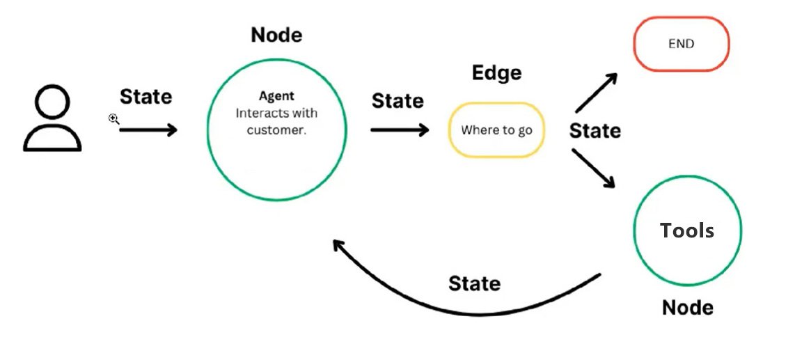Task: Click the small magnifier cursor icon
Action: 114,119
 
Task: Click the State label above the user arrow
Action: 145,97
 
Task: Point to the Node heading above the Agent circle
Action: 277,35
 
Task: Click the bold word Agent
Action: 276,97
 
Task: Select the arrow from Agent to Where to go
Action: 400,130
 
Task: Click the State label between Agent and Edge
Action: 397,101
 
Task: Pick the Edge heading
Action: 496,72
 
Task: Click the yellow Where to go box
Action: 497,130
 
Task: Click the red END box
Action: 680,44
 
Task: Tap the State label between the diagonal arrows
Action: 595,130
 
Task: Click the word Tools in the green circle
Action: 687,230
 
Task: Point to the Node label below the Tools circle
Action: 688,307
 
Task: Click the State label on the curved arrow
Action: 474,283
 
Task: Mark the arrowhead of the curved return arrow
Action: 337,244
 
